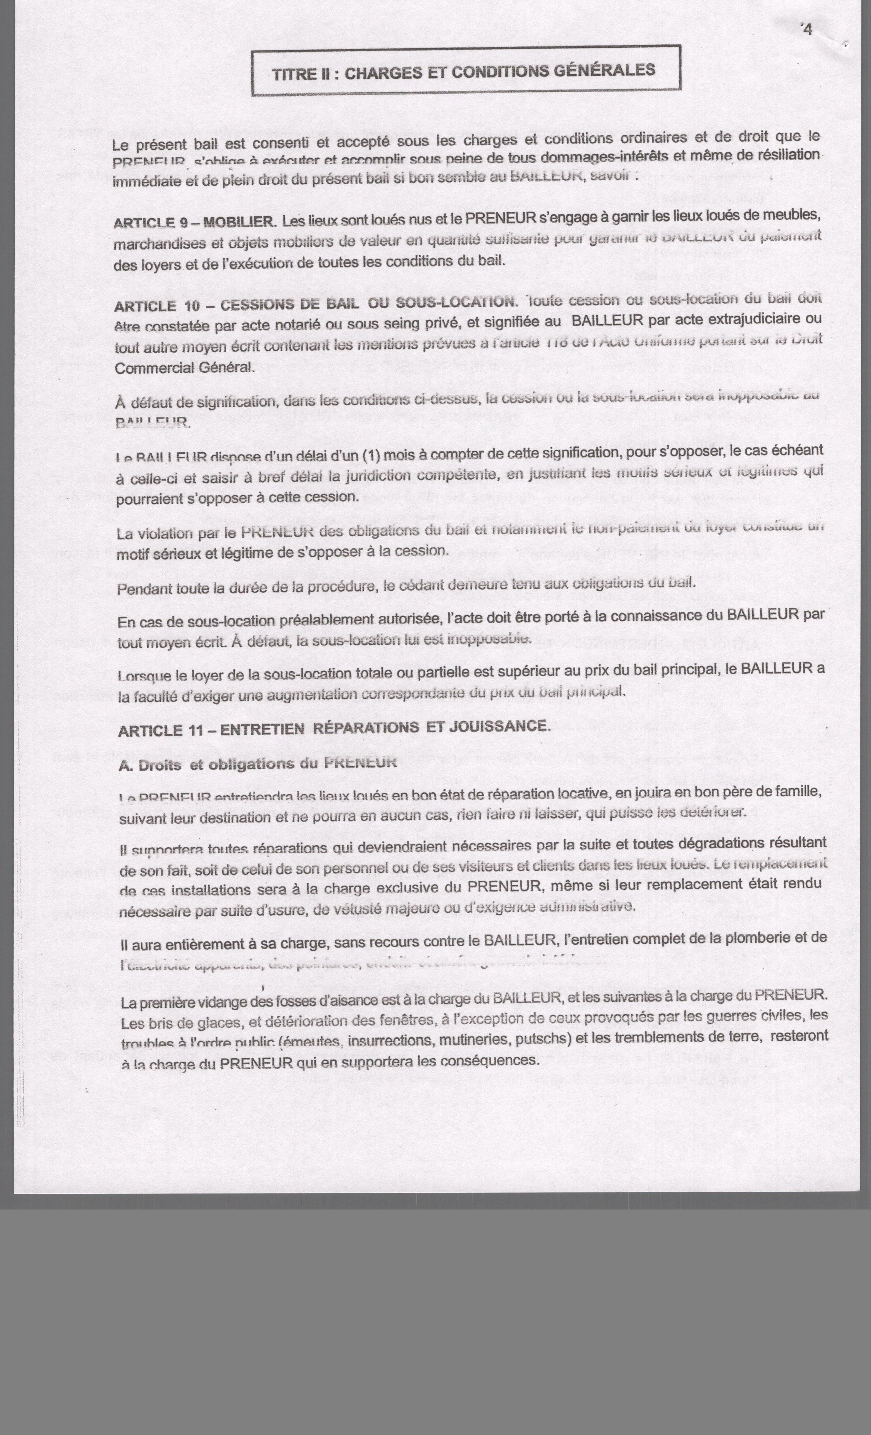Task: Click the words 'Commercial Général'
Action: pos(184,368)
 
